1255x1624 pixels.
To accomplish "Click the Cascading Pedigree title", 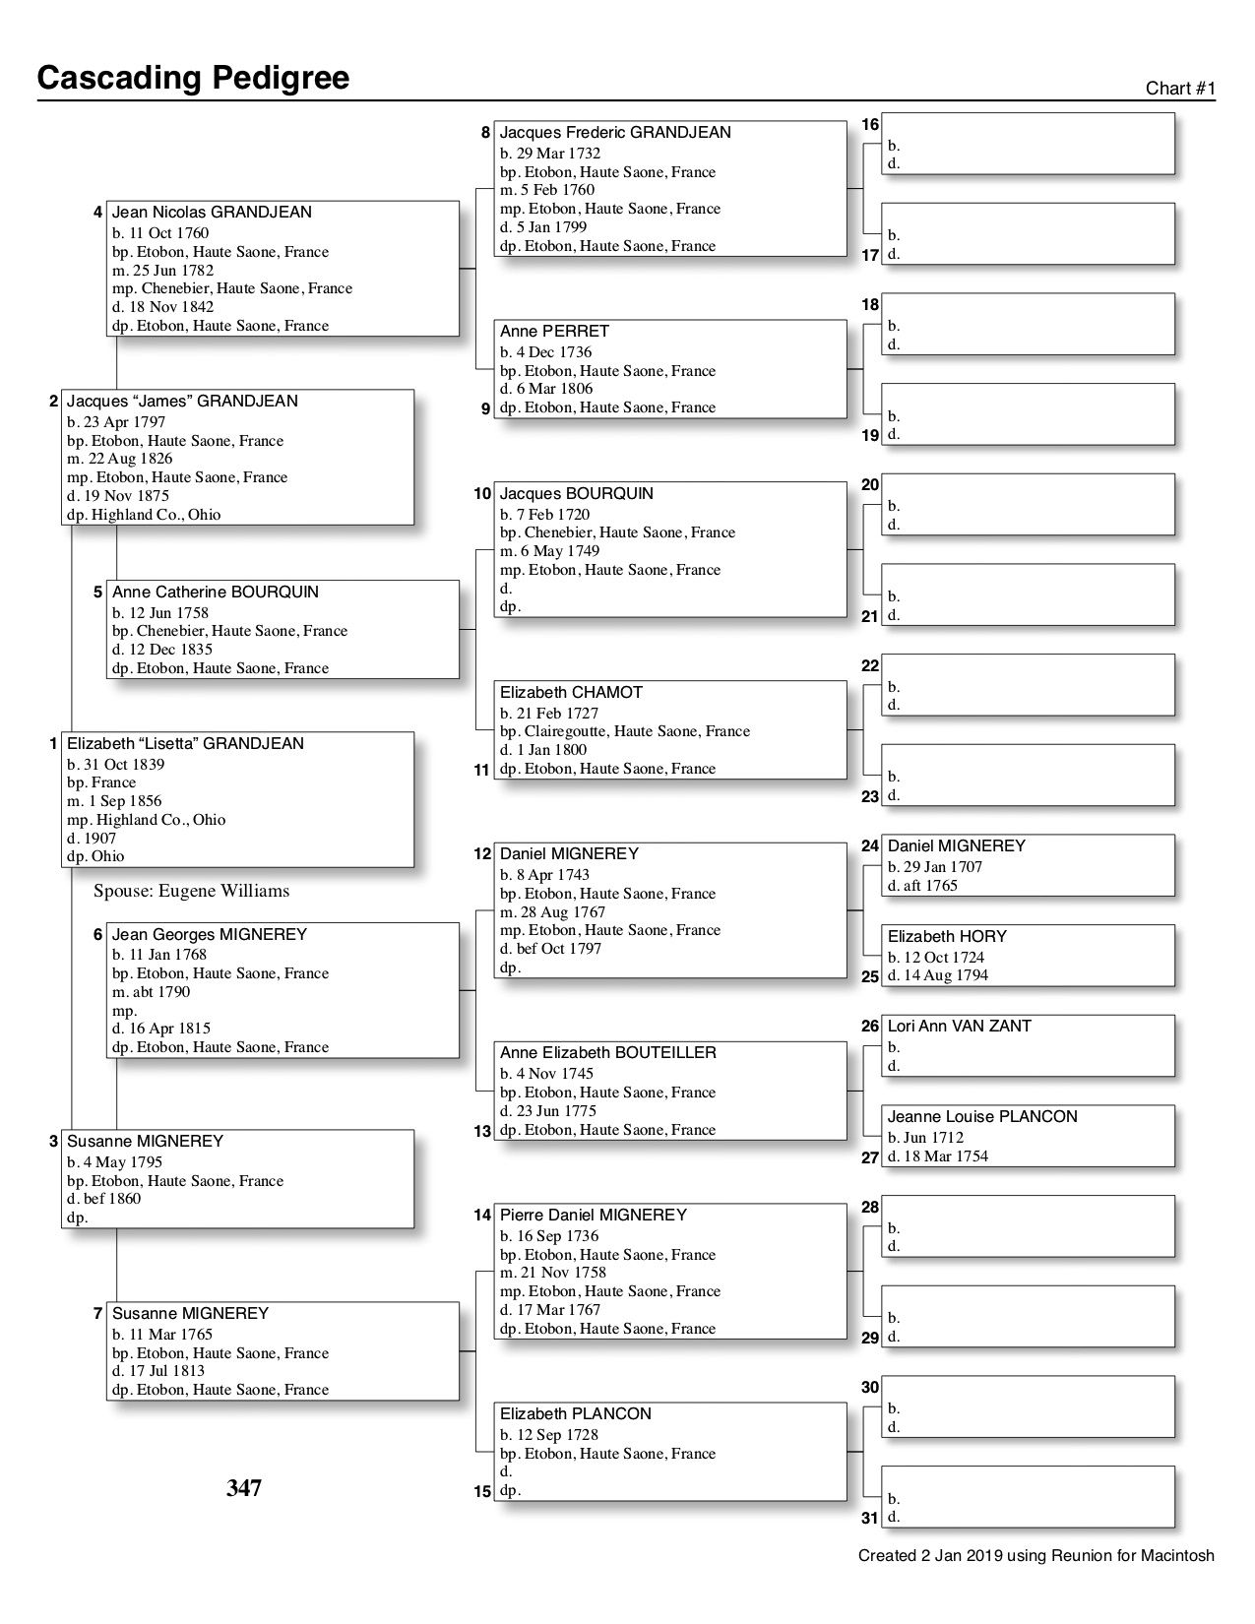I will point(193,78).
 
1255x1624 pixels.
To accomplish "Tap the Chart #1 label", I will point(1180,89).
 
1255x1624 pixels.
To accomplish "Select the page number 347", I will point(244,1487).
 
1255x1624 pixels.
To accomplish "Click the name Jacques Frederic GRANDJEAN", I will point(615,132).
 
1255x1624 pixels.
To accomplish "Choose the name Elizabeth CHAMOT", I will point(571,692).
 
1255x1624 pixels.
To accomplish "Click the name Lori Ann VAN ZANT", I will point(959,1026).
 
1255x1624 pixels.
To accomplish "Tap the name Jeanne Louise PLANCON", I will point(982,1116).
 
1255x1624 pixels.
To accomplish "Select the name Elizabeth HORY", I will point(947,936).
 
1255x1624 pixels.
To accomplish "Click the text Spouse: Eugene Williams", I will point(192,891).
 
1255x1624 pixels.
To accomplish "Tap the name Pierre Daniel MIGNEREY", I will point(593,1215).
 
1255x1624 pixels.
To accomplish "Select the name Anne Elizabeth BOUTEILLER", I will point(607,1052).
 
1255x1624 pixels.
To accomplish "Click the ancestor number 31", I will point(869,1518).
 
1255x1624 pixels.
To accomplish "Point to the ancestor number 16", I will point(870,125).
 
